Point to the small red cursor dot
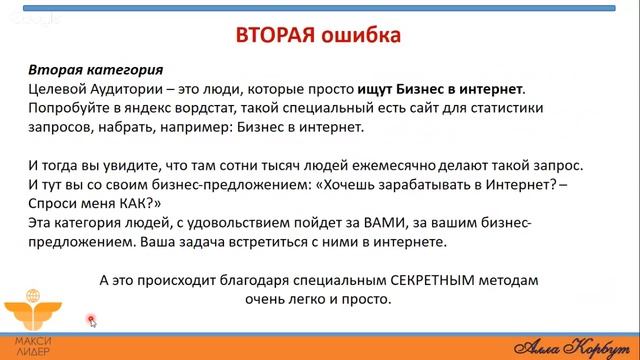point(91,320)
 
